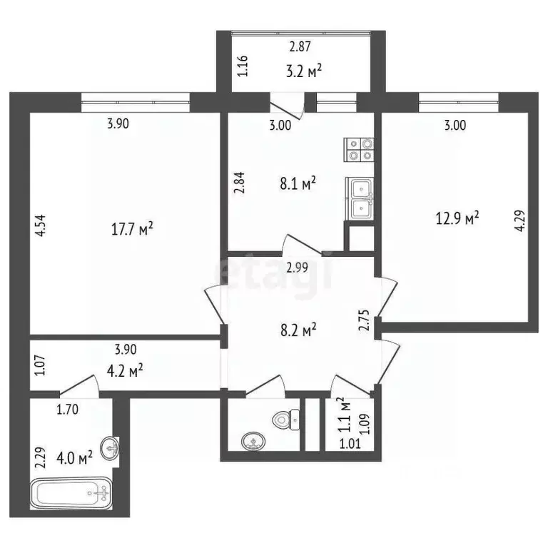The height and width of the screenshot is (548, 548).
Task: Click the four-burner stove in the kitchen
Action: [x=359, y=148]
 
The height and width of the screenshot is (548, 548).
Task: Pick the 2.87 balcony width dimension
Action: [x=301, y=47]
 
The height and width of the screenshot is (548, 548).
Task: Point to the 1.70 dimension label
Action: [x=67, y=410]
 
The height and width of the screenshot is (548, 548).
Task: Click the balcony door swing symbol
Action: [x=288, y=107]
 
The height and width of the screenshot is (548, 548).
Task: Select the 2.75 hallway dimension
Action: [x=362, y=318]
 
